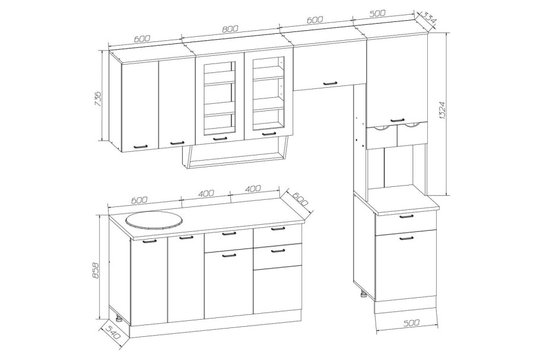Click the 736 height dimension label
point(98,98)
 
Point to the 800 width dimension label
point(230,29)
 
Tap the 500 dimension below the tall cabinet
point(411,323)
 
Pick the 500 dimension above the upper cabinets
point(377,14)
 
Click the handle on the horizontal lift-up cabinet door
point(329,82)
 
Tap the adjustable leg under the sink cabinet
point(119,318)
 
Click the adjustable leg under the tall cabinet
point(363,295)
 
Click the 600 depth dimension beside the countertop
point(299,199)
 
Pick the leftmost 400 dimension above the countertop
point(206,193)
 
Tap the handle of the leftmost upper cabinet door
point(141,146)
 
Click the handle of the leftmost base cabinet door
point(149,241)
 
